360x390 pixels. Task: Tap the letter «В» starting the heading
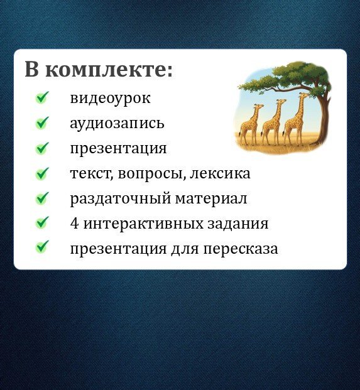(33, 68)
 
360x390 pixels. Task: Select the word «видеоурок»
(110, 99)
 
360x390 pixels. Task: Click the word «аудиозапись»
(117, 123)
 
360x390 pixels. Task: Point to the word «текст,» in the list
(92, 173)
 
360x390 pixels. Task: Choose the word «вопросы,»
(152, 174)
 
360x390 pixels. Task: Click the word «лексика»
(220, 173)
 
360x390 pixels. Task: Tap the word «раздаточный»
(121, 199)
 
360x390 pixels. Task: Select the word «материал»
(211, 198)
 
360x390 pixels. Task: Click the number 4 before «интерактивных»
(75, 224)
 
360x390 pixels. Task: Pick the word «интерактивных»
(143, 224)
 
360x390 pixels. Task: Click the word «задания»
(237, 224)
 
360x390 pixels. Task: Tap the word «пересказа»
(241, 249)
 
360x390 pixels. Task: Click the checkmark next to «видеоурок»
(42, 97)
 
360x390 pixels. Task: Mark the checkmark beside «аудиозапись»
(42, 122)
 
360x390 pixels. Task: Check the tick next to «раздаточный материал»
(42, 198)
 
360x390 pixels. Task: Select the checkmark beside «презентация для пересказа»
(42, 247)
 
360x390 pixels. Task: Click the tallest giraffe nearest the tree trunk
(296, 119)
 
